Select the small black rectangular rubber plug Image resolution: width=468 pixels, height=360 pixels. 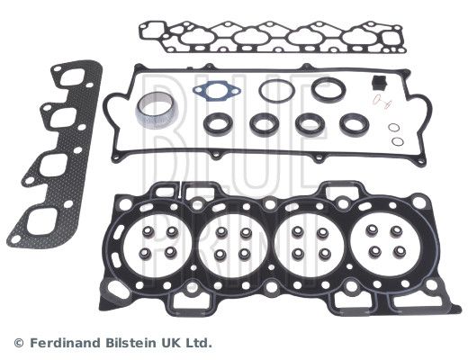tap(379, 83)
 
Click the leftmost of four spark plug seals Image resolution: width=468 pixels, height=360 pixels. tap(207, 124)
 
